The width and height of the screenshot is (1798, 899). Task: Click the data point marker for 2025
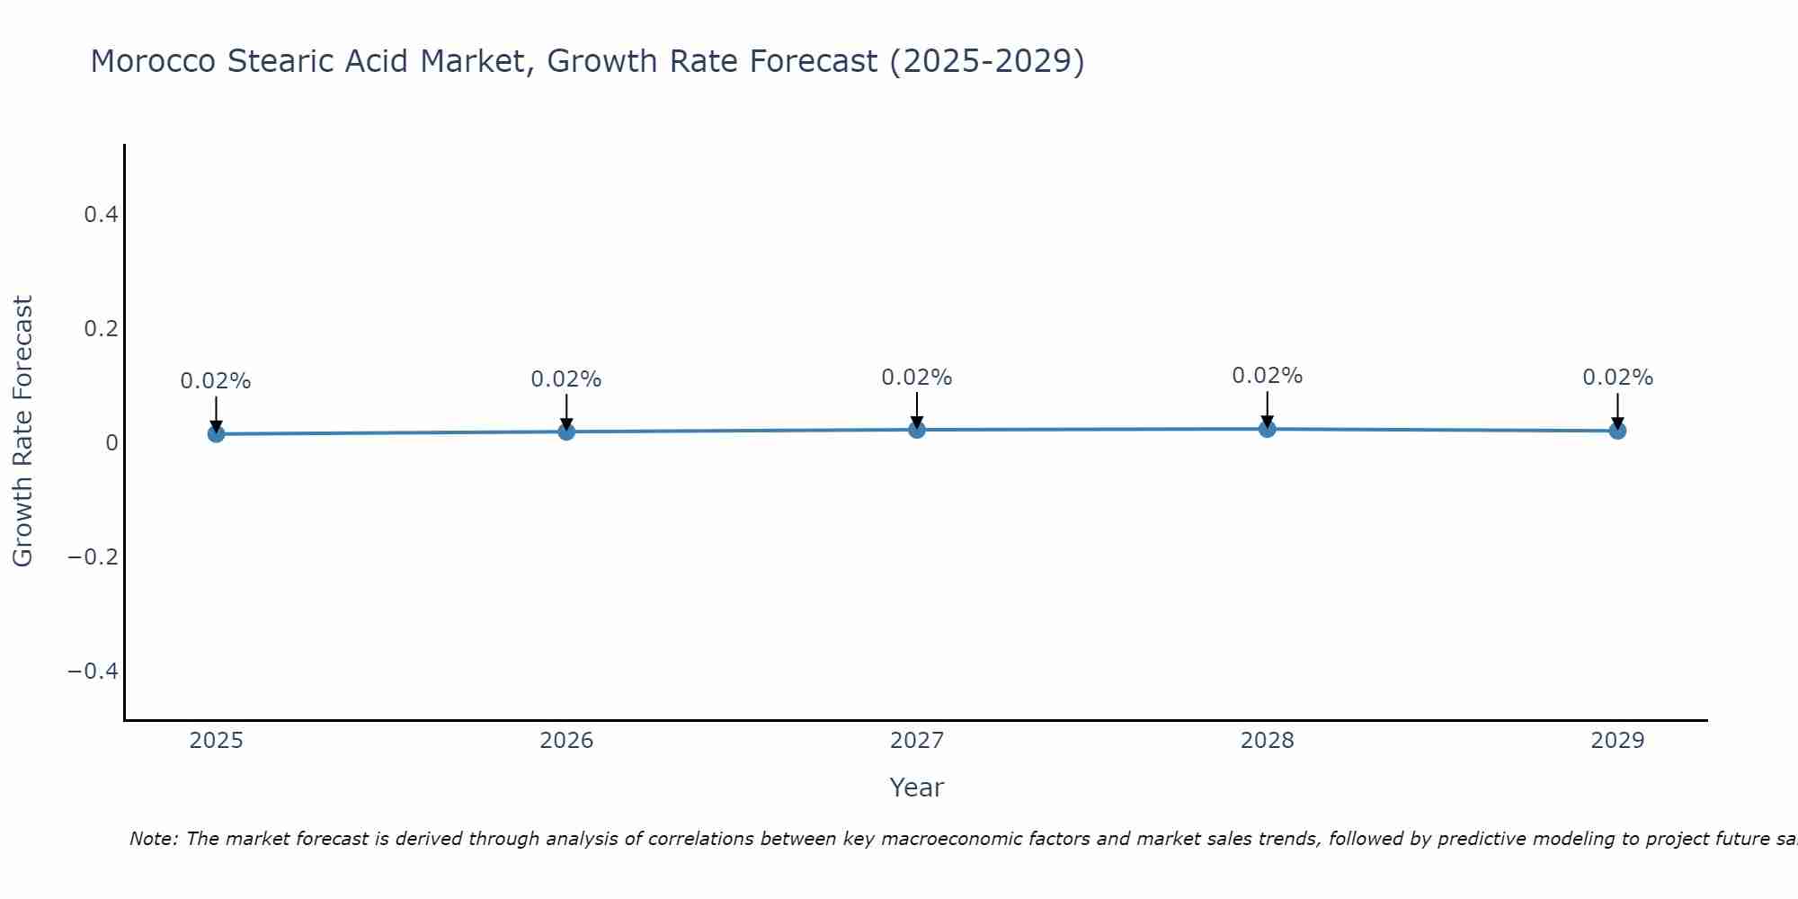click(216, 434)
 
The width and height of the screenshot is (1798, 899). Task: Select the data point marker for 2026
click(566, 432)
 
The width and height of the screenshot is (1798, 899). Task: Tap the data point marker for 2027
click(917, 430)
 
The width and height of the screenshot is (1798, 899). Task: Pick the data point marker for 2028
click(1268, 429)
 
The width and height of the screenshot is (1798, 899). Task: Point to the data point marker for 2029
click(1617, 431)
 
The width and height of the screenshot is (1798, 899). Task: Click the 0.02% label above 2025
click(216, 381)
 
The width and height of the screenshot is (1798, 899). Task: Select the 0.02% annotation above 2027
click(917, 378)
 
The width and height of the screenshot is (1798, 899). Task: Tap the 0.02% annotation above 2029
click(1617, 378)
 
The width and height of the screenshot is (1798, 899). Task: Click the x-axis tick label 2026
click(566, 741)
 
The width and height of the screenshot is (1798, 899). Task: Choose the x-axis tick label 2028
click(1268, 741)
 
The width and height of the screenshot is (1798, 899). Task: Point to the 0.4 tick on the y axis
click(101, 215)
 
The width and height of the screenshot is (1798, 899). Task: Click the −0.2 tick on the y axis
click(93, 557)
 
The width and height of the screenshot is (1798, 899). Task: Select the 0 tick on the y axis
click(111, 443)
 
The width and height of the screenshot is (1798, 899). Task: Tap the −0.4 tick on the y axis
click(93, 672)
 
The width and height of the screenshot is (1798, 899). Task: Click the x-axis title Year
click(916, 788)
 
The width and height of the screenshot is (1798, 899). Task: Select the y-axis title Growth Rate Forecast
click(22, 432)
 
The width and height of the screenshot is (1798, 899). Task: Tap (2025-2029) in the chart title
click(986, 62)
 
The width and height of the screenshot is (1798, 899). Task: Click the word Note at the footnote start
click(154, 839)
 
